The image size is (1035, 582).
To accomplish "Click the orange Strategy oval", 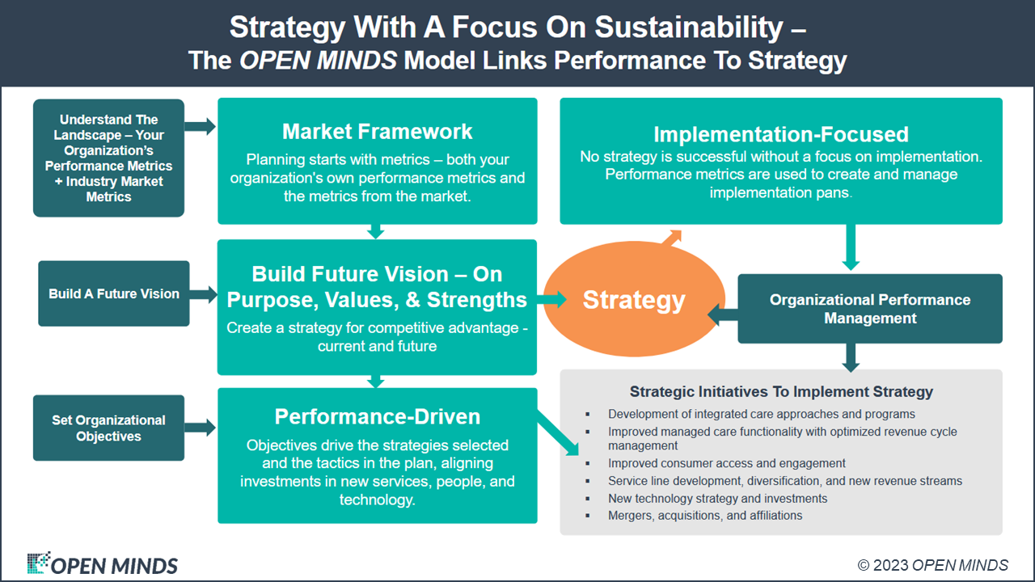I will tap(634, 300).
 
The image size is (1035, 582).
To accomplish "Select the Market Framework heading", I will tap(377, 132).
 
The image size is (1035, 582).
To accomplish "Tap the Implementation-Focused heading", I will tap(781, 134).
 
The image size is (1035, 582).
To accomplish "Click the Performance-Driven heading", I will tap(377, 416).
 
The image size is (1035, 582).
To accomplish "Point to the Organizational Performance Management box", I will tap(870, 309).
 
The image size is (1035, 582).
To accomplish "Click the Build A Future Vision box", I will tap(114, 293).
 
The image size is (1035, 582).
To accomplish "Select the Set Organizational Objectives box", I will tap(108, 428).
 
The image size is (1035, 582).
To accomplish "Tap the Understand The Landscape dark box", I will tap(108, 158).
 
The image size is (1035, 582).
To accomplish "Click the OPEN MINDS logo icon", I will tap(37, 563).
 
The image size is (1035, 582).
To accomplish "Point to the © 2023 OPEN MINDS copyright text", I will tap(932, 565).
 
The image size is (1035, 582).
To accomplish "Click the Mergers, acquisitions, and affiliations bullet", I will tap(705, 515).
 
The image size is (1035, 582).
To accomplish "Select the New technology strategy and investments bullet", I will tap(717, 498).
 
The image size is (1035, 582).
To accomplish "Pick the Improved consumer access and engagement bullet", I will tap(727, 463).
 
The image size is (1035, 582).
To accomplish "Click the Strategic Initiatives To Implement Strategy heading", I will tap(781, 391).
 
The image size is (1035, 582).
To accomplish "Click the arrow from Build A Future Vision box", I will tap(204, 294).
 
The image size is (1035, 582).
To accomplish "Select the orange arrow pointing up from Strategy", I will tap(672, 236).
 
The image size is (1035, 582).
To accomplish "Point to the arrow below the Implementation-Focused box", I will tap(850, 247).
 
